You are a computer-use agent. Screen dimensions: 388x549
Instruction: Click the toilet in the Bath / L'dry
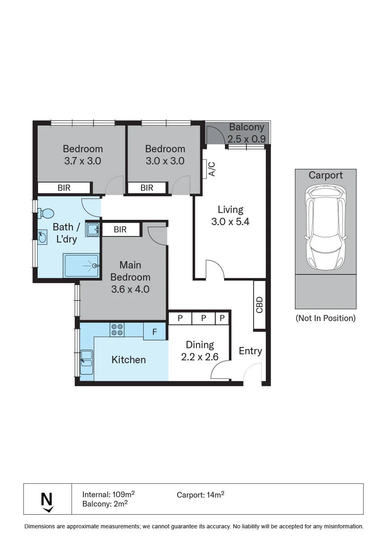click(x=46, y=213)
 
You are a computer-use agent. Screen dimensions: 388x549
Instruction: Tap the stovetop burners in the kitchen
click(x=117, y=330)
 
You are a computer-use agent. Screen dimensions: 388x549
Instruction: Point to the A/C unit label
click(x=212, y=169)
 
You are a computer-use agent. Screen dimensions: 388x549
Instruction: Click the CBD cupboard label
click(x=259, y=305)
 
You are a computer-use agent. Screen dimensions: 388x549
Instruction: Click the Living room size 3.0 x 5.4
click(x=230, y=221)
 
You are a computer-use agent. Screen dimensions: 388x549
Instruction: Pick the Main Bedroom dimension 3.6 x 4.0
click(x=130, y=289)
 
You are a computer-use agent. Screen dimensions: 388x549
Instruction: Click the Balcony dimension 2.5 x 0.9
click(x=247, y=139)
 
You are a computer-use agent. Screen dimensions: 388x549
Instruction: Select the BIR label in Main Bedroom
click(x=120, y=230)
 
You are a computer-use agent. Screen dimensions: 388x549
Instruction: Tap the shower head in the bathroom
click(x=95, y=266)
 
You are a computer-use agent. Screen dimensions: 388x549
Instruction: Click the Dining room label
click(x=200, y=345)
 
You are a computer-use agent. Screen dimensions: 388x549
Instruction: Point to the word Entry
click(x=250, y=351)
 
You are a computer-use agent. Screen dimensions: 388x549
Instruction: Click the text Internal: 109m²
click(x=108, y=494)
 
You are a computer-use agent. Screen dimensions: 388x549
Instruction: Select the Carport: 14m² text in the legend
click(x=200, y=495)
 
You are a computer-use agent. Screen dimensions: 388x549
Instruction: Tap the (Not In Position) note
click(x=326, y=318)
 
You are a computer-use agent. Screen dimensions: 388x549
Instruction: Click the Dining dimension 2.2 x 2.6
click(x=200, y=357)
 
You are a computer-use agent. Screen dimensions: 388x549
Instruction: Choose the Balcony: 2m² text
click(x=105, y=504)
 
